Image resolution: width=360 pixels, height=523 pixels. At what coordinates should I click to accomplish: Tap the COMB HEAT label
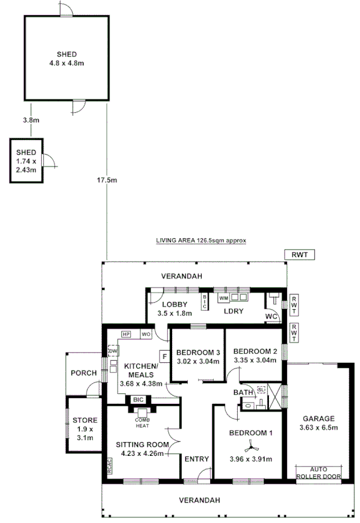142,423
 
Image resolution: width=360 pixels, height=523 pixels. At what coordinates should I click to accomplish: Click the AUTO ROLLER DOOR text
318,473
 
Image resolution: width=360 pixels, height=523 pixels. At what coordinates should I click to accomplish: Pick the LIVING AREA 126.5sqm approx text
201,241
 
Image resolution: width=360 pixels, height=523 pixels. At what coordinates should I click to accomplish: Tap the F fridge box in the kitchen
164,357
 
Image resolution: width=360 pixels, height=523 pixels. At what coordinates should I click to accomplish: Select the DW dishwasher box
113,351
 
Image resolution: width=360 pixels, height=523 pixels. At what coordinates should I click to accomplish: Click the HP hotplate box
125,334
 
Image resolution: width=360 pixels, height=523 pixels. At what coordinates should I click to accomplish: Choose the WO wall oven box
145,334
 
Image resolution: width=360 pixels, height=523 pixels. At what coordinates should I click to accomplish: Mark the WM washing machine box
223,296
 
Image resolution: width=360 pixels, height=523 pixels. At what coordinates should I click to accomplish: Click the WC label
271,315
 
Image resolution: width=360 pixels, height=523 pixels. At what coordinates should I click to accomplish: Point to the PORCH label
83,373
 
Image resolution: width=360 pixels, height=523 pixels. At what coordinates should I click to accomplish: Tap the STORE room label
84,420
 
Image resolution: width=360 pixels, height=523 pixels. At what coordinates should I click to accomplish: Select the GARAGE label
318,419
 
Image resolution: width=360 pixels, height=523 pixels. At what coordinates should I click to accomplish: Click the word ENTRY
192,459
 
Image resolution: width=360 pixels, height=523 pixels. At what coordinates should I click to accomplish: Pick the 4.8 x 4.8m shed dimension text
66,63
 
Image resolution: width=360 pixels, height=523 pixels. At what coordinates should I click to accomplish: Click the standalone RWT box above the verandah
299,255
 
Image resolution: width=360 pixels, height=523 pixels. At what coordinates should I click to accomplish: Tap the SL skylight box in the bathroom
261,389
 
